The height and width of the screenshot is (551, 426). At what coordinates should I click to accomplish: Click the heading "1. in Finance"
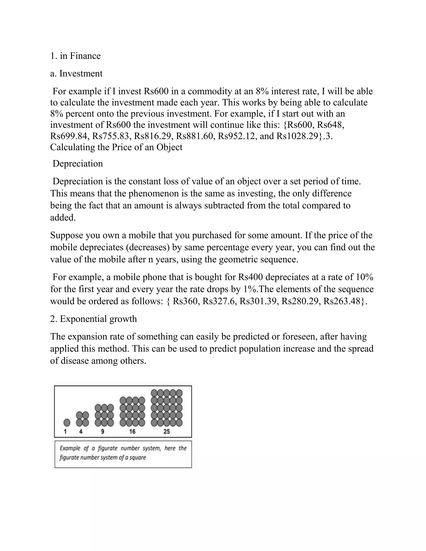[x=75, y=56]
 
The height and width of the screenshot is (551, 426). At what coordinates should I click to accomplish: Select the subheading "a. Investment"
[x=76, y=73]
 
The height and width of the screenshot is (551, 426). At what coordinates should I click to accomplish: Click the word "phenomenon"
[x=154, y=194]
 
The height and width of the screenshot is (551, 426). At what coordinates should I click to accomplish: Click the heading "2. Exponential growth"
[x=93, y=319]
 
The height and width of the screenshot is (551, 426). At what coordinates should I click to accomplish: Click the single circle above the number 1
[x=67, y=422]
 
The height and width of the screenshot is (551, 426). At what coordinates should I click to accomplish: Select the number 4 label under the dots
[x=81, y=432]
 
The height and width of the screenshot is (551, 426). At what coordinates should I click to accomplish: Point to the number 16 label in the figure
[x=132, y=432]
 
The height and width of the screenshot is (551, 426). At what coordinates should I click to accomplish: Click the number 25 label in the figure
[x=167, y=432]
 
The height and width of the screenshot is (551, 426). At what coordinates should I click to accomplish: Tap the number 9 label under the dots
[x=103, y=432]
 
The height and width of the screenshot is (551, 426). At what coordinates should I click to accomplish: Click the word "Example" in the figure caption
[x=70, y=448]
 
